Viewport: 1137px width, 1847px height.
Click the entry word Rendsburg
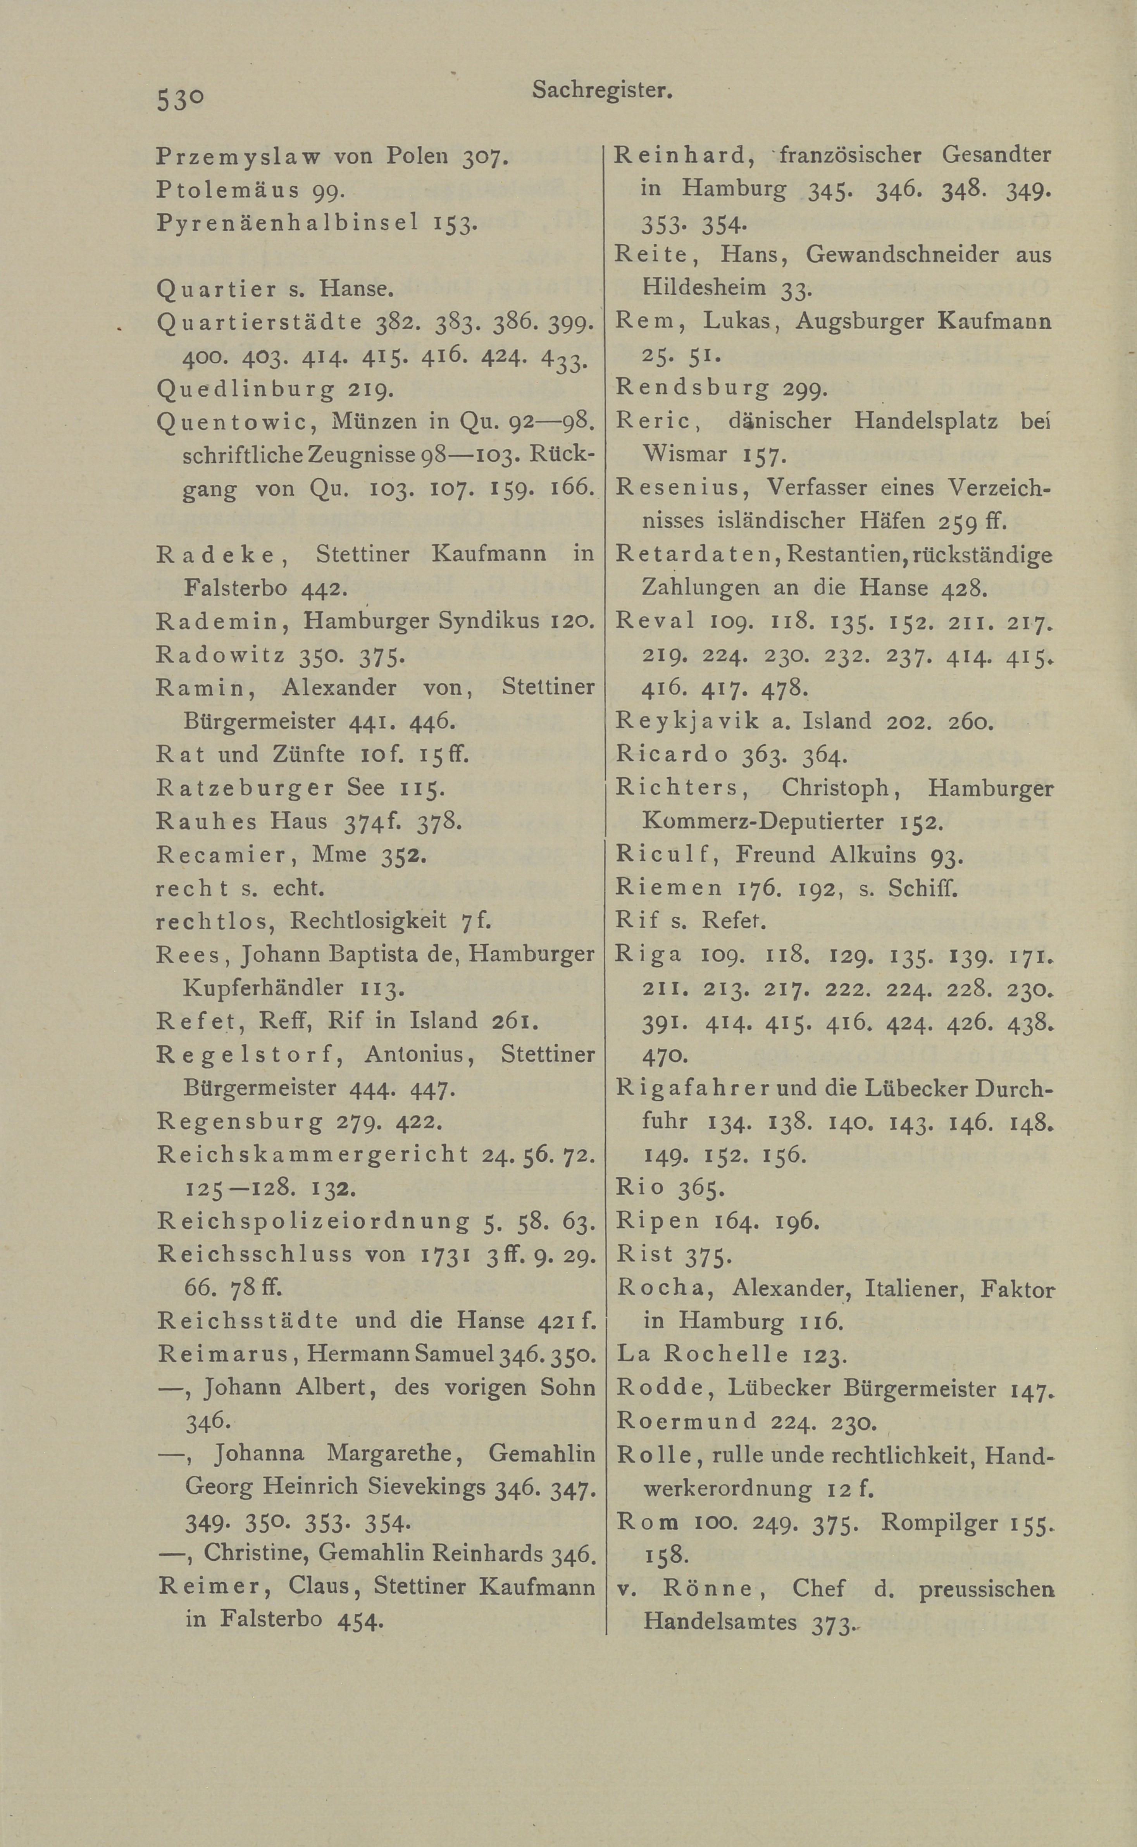(692, 388)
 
